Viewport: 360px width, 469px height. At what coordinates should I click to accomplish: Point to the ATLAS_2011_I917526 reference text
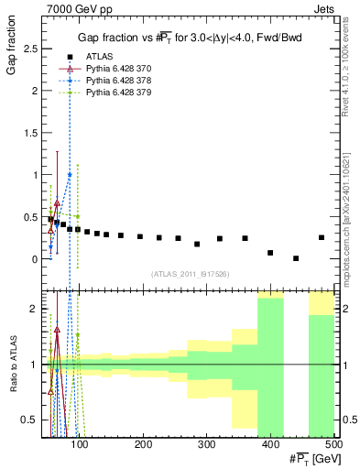[x=190, y=274]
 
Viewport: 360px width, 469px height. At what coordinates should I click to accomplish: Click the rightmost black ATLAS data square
[x=322, y=237]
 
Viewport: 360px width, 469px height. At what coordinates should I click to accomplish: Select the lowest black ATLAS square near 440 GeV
[x=296, y=258]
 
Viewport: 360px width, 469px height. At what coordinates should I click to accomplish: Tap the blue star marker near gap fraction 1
[x=69, y=174]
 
